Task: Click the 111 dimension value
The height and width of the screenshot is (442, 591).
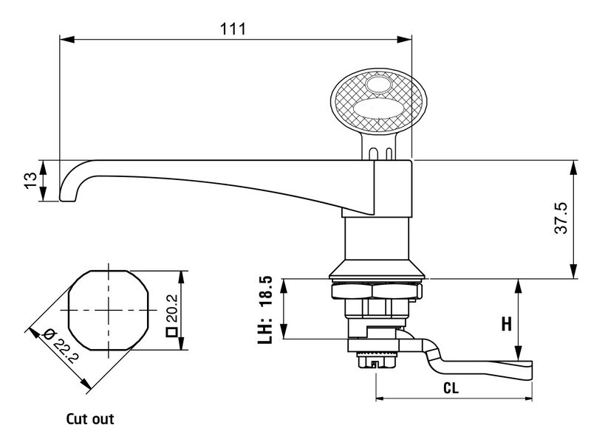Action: pos(233,29)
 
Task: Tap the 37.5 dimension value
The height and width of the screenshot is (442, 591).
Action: pos(561,219)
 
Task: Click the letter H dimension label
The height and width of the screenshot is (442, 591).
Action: pos(507,323)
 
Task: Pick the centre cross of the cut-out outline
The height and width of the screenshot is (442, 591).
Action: pos(108,310)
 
